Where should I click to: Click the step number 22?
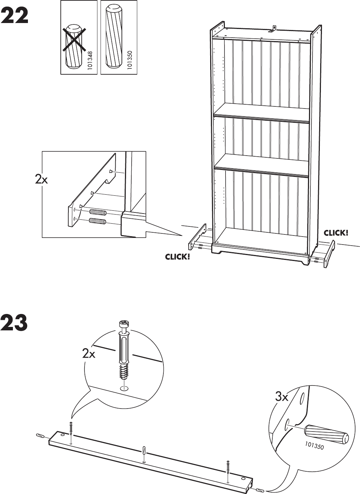point(15,16)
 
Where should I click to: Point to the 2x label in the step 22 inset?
point(41,179)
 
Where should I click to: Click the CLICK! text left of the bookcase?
point(177,257)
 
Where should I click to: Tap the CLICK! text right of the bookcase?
point(336,233)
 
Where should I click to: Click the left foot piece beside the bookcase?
point(198,238)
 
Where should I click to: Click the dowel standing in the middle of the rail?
point(144,450)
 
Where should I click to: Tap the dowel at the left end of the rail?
point(40,436)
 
